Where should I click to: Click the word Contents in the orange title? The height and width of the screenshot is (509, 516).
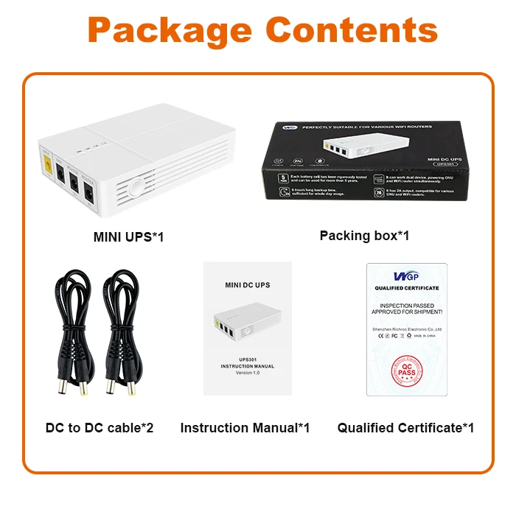click(352, 29)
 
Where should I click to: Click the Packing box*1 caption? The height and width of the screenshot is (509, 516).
click(364, 236)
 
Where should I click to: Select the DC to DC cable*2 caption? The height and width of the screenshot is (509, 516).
click(99, 427)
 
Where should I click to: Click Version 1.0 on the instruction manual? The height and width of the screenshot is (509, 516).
click(248, 373)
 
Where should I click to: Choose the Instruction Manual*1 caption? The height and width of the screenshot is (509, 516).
click(245, 427)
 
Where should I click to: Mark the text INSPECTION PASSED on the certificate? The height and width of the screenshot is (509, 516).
click(407, 305)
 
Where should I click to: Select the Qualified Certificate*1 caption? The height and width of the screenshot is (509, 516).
click(405, 427)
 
